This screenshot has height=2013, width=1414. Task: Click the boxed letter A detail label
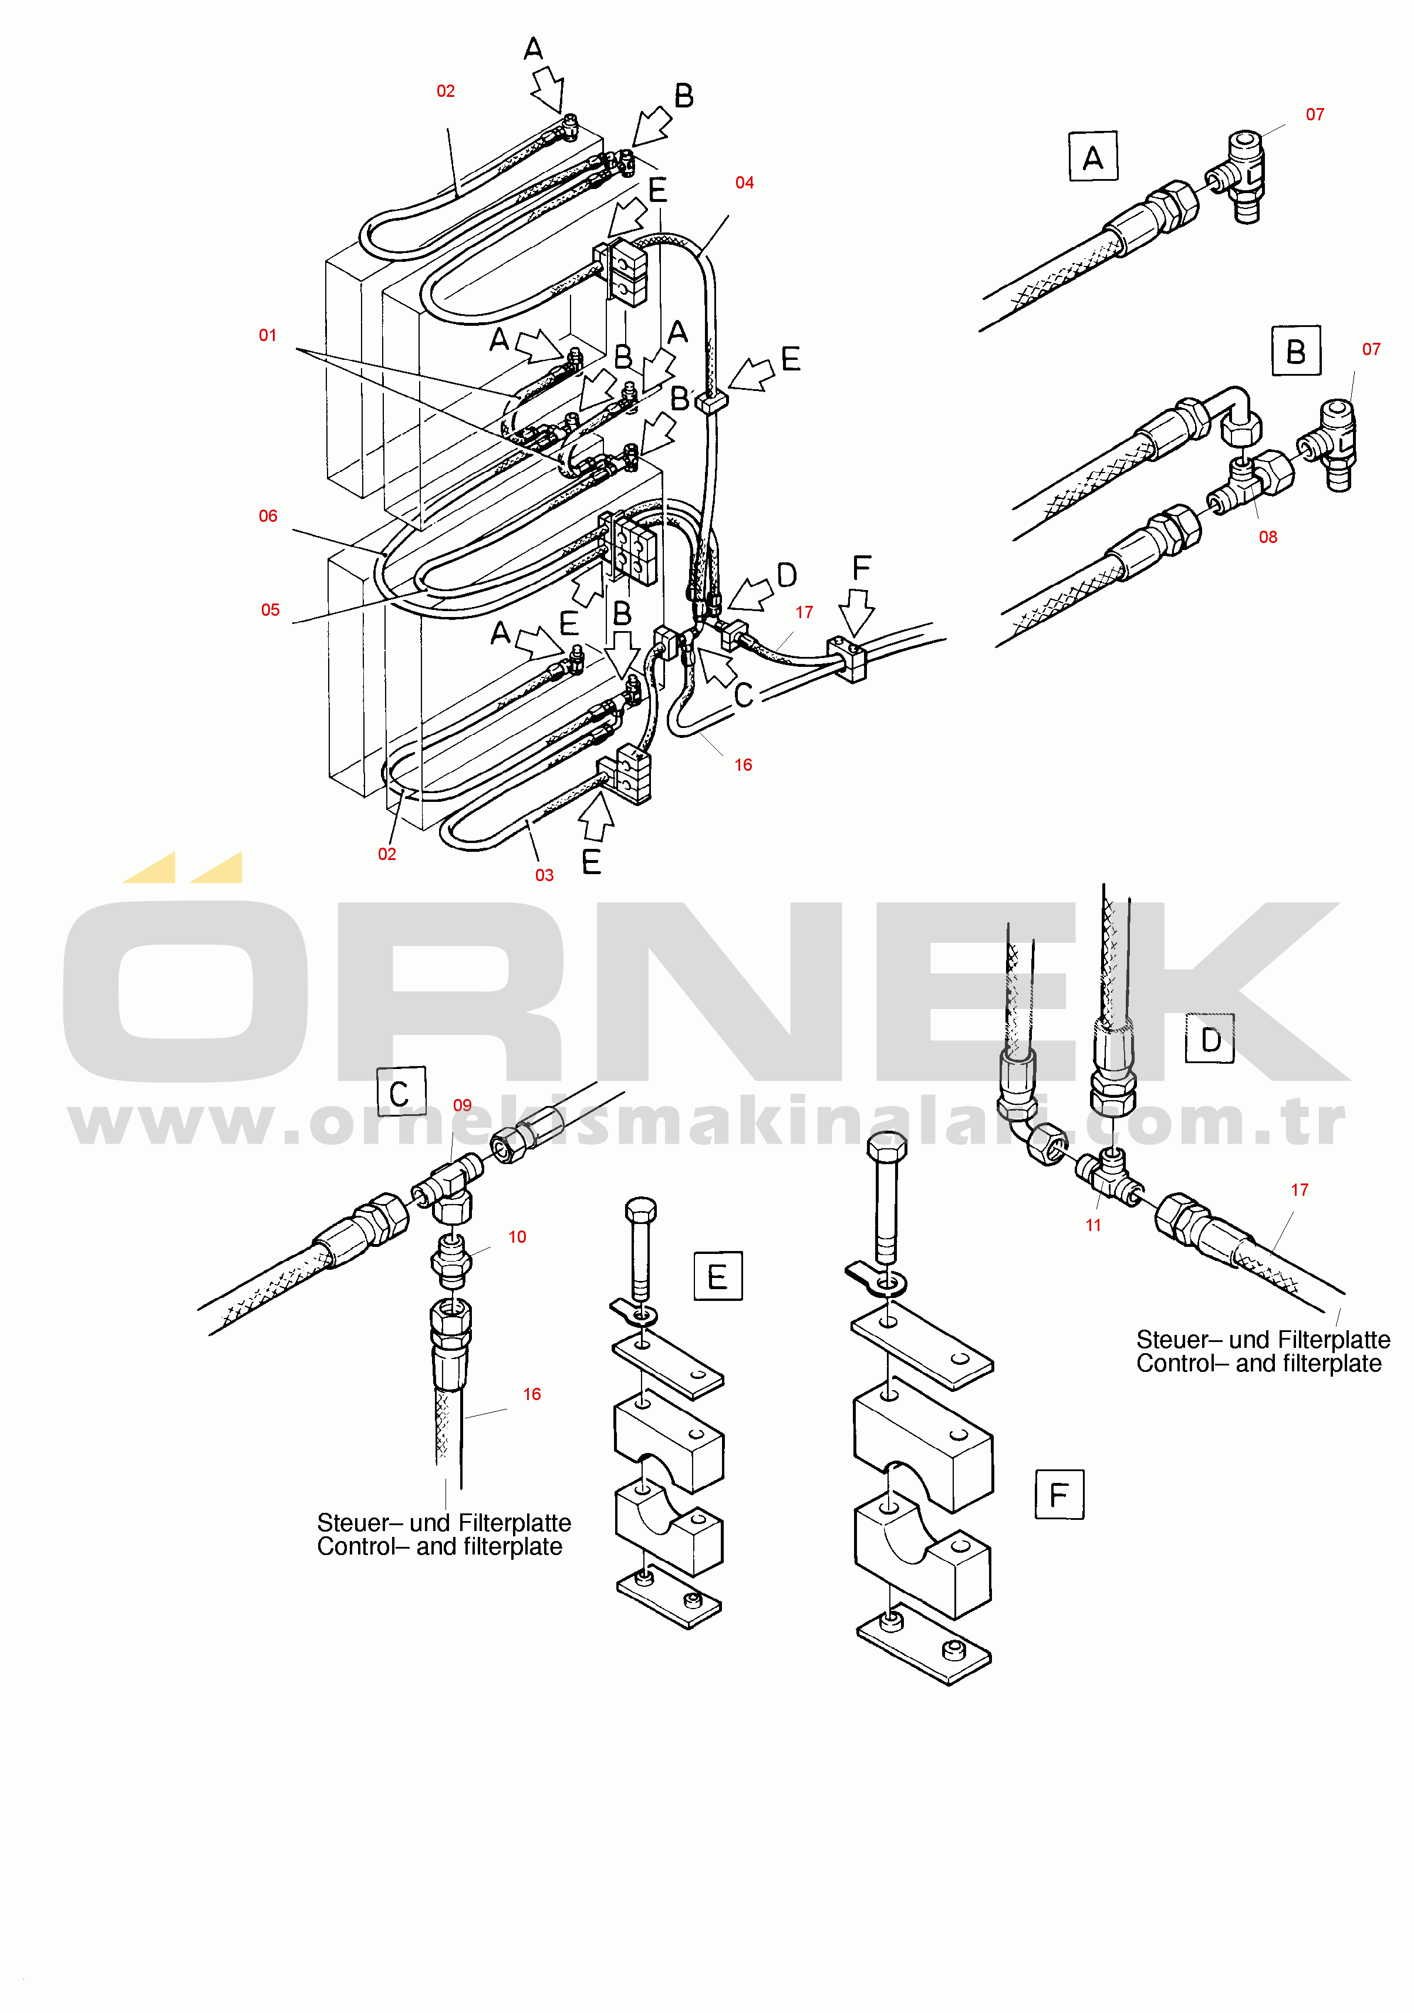pyautogui.click(x=1093, y=157)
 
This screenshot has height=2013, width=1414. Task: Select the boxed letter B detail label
pyautogui.click(x=1295, y=350)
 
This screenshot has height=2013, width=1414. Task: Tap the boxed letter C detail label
pyautogui.click(x=401, y=1091)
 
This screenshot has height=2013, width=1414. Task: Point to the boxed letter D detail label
pyautogui.click(x=1210, y=1039)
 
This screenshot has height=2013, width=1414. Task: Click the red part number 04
pyautogui.click(x=744, y=183)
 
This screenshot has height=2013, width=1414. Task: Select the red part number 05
pyautogui.click(x=271, y=610)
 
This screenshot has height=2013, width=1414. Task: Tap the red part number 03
pyautogui.click(x=544, y=875)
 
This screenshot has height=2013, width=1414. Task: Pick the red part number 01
pyautogui.click(x=268, y=335)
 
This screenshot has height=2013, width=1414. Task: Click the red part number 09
pyautogui.click(x=462, y=1105)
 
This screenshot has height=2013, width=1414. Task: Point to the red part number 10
pyautogui.click(x=517, y=1237)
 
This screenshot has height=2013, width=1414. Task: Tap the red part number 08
pyautogui.click(x=1268, y=537)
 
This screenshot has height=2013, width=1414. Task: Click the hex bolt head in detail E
pyautogui.click(x=641, y=1210)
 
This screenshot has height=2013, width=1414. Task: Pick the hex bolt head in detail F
pyautogui.click(x=886, y=1146)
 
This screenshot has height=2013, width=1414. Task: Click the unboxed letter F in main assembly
pyautogui.click(x=862, y=567)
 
